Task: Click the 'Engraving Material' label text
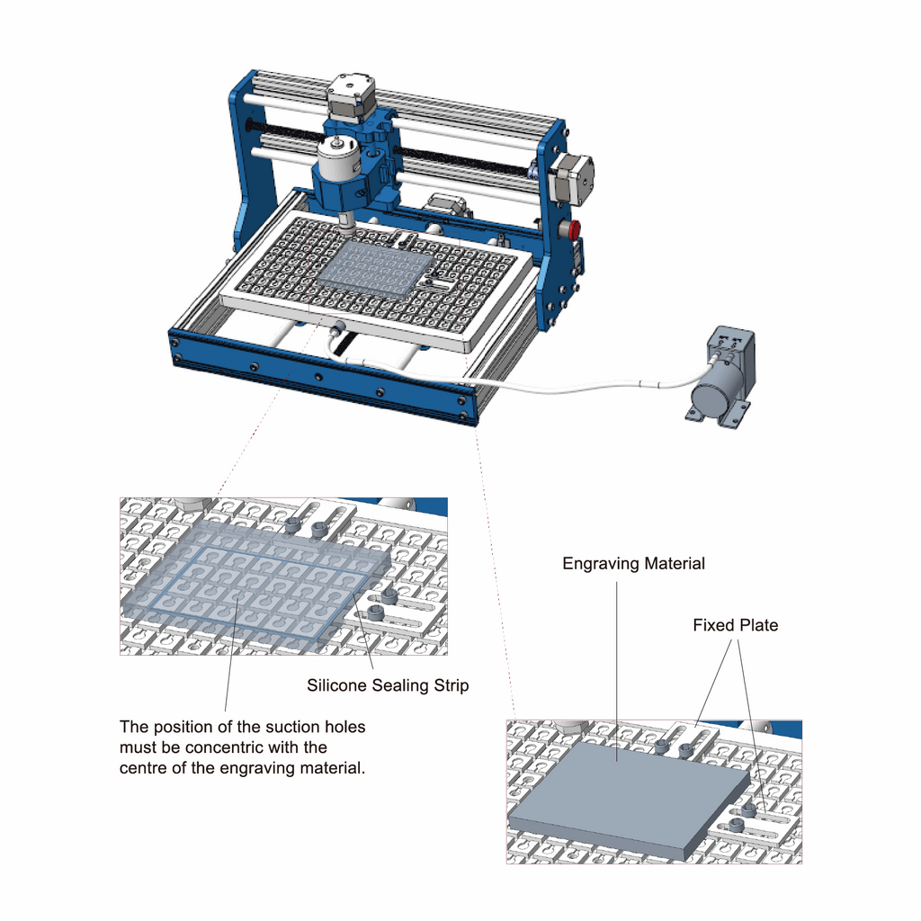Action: [633, 564]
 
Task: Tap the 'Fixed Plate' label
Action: [735, 625]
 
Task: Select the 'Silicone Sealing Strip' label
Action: [388, 685]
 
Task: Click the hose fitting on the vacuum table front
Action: [340, 328]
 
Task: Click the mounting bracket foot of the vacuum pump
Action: [697, 415]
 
